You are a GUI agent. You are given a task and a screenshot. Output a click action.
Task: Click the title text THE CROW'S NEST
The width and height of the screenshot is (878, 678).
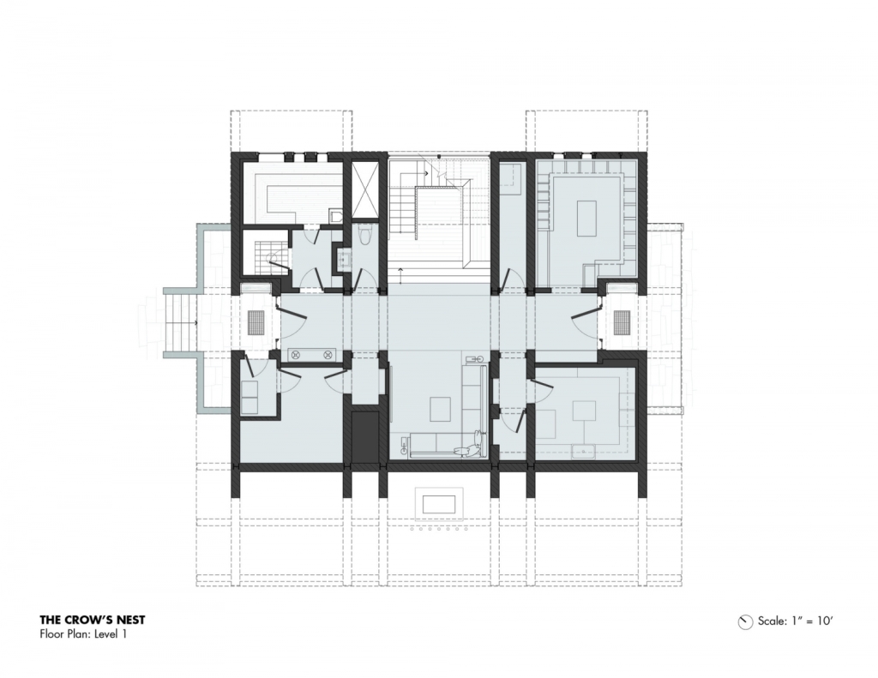(x=93, y=620)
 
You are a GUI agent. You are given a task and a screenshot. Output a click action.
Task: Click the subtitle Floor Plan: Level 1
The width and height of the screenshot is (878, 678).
(x=83, y=634)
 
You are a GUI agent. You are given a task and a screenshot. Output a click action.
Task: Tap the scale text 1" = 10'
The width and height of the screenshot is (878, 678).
(x=811, y=621)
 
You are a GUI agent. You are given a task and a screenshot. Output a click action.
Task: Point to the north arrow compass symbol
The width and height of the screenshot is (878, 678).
(x=745, y=621)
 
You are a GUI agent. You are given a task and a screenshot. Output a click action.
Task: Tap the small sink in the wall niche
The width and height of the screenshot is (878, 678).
(x=343, y=259)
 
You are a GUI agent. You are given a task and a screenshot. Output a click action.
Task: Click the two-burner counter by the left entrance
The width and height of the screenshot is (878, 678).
(x=312, y=354)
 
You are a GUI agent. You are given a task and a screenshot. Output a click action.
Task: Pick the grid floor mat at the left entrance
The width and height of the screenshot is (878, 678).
(x=256, y=323)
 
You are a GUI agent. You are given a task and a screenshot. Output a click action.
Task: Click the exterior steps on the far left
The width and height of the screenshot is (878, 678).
(x=181, y=323)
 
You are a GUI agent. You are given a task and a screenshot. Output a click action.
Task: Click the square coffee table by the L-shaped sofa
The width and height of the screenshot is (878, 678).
(x=441, y=409)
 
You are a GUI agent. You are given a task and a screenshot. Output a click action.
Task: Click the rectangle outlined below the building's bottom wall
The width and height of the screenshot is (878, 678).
(x=440, y=505)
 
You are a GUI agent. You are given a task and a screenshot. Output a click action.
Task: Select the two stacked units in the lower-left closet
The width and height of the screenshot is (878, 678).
(x=250, y=397)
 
